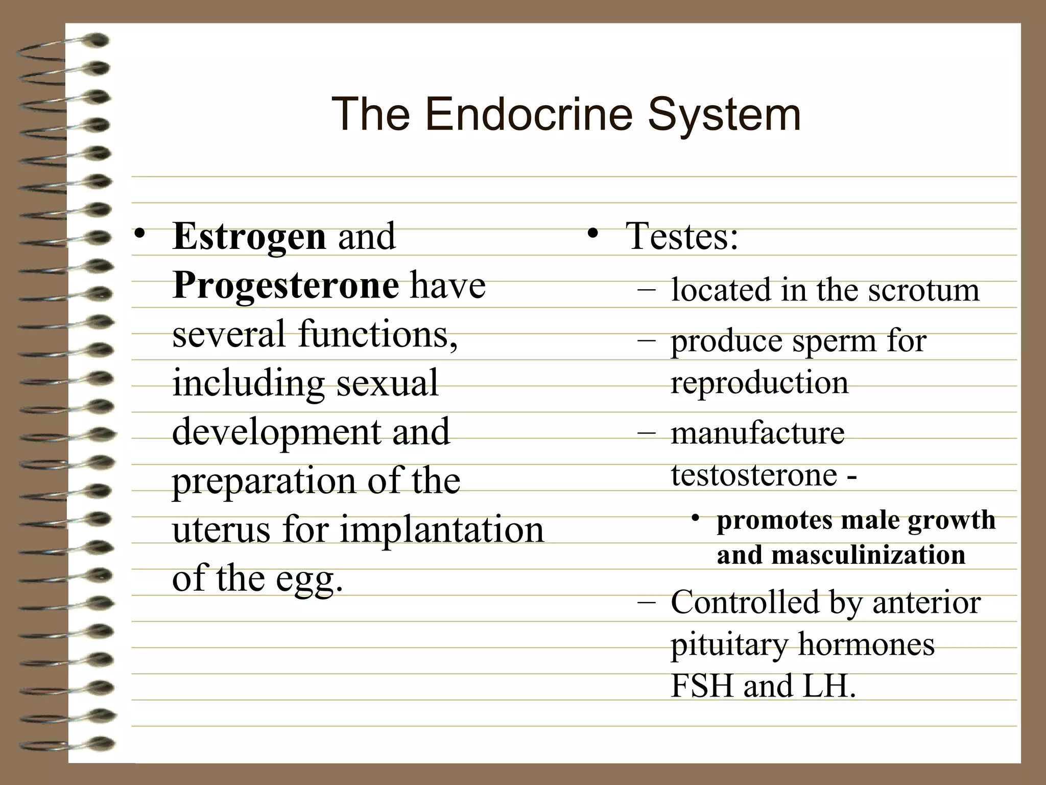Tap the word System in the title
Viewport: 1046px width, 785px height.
tap(724, 115)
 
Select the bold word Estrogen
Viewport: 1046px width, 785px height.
tap(249, 237)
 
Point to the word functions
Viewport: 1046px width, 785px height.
tap(378, 334)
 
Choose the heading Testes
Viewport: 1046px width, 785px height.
tap(682, 236)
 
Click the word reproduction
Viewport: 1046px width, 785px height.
tap(759, 383)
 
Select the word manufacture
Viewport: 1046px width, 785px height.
tap(757, 433)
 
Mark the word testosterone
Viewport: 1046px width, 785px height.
tap(754, 475)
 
